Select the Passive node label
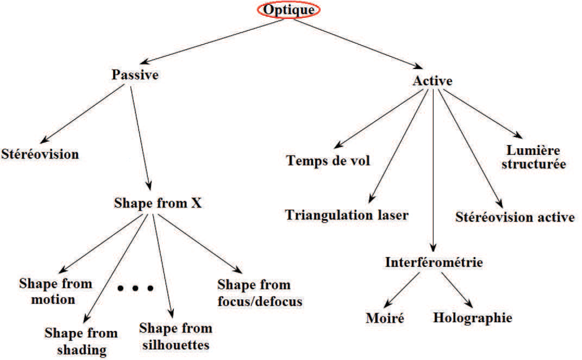[135, 75]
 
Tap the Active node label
[432, 81]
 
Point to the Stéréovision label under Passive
[40, 154]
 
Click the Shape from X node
[158, 203]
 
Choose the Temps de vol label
[328, 160]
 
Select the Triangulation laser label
[347, 215]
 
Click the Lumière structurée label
[533, 157]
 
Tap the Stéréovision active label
[515, 217]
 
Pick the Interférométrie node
[434, 262]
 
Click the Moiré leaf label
[385, 318]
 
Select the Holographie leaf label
[473, 317]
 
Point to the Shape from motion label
[55, 291]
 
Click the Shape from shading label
[81, 341]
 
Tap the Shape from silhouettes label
[176, 336]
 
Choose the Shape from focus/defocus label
[260, 293]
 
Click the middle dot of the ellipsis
[135, 288]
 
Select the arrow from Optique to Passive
[211, 42]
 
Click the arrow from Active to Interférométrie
[433, 169]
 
